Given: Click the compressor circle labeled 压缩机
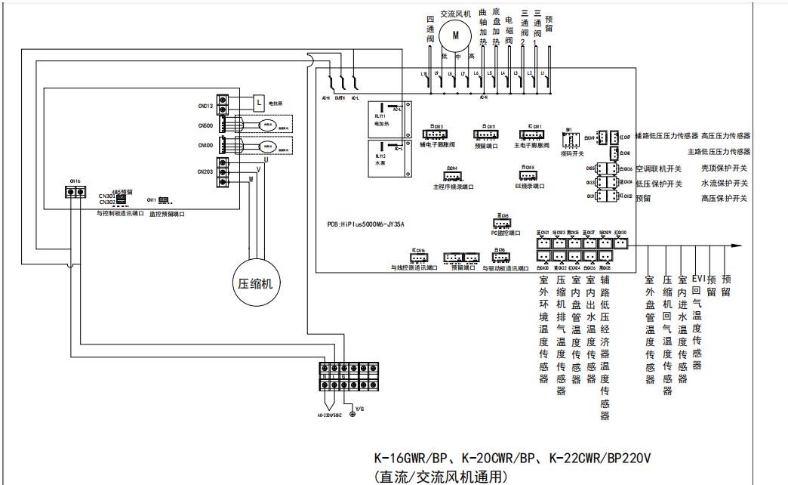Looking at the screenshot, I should click(x=255, y=283).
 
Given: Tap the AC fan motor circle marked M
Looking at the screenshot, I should click(x=455, y=33).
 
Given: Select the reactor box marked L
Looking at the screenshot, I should click(x=259, y=101).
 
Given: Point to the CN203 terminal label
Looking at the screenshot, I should click(x=205, y=171).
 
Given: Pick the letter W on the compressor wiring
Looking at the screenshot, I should click(x=250, y=179).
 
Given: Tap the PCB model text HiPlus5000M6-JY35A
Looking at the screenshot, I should click(x=365, y=224).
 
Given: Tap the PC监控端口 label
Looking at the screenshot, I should click(x=505, y=233).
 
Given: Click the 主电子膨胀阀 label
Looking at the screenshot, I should click(x=531, y=144).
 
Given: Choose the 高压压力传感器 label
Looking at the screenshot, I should click(x=725, y=136).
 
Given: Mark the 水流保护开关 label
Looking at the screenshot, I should click(x=725, y=184).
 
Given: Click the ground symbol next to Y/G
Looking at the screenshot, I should click(x=352, y=414).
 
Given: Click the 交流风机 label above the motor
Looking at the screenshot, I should click(x=455, y=14).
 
